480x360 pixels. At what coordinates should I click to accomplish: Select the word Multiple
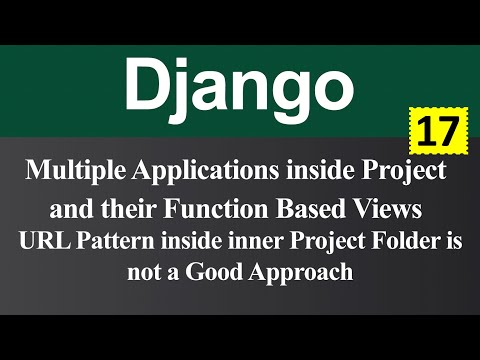(74, 171)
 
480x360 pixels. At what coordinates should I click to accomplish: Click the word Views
(385, 211)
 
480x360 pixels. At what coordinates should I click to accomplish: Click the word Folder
(394, 241)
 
